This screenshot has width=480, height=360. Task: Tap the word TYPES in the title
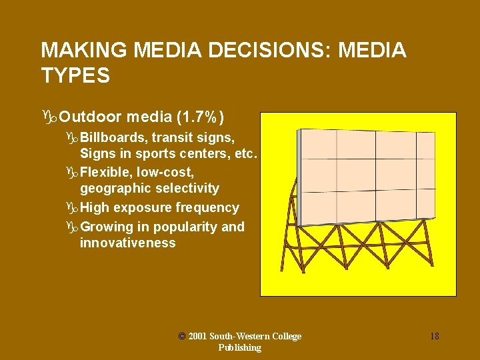(75, 76)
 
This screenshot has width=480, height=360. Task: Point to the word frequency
(208, 208)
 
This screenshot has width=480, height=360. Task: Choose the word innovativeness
(128, 243)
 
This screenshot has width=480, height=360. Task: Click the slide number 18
(434, 336)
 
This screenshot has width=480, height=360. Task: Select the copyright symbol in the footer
(182, 336)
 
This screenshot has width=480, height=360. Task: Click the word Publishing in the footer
(239, 347)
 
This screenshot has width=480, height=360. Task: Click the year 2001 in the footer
(199, 336)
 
